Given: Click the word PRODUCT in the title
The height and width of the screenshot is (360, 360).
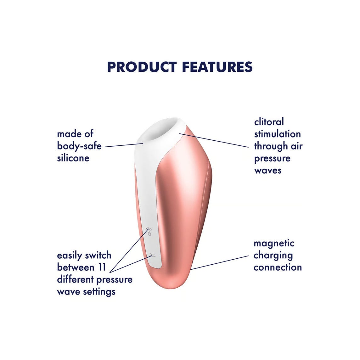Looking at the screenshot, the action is [x=142, y=67].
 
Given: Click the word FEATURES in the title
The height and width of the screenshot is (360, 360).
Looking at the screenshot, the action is [x=217, y=67].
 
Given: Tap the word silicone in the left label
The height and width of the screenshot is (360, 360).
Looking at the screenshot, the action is [x=73, y=158].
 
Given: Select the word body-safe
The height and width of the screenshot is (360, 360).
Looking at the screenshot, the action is [x=79, y=146].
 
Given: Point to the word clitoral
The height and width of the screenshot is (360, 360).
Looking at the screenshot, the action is [x=269, y=122].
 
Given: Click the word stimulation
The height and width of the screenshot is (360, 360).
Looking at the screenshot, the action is [x=277, y=134].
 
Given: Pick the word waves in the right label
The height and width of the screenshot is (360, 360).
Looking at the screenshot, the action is [x=268, y=171].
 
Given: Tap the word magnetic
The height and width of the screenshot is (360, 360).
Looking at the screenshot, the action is [x=274, y=244].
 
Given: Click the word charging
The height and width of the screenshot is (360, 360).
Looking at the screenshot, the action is [x=273, y=256].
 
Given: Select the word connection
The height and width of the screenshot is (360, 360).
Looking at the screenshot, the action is [x=278, y=267].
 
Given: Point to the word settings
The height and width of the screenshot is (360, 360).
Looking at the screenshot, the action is [x=99, y=292].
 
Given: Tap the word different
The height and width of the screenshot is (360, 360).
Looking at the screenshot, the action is [x=75, y=279].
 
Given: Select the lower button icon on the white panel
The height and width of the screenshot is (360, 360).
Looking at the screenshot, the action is [x=152, y=255].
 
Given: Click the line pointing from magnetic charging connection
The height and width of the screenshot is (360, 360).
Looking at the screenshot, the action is [x=219, y=262].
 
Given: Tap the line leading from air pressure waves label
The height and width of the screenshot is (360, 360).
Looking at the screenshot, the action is [x=214, y=140].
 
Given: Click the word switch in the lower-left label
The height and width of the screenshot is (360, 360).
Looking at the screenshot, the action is [x=98, y=255].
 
